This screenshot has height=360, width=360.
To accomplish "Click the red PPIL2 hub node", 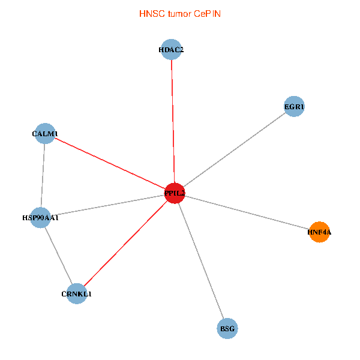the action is click(174, 193).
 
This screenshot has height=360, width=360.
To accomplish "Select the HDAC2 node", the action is click(171, 50).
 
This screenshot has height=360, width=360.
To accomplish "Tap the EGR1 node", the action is click(294, 107).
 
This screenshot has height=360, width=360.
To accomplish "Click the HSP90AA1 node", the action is click(40, 217).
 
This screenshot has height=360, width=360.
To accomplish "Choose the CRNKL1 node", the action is click(77, 294).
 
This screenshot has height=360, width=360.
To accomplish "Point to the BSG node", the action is click(227, 328).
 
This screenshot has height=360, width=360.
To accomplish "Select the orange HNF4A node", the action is click(319, 232).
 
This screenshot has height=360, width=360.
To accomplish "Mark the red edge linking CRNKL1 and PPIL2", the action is click(125, 244).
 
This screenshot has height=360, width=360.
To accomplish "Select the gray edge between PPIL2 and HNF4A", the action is click(247, 212).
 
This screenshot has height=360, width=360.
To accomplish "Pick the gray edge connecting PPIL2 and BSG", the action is click(200, 260).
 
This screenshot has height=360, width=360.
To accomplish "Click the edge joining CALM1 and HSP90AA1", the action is click(43, 175).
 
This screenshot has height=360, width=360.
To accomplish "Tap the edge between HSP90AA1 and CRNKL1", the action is click(58, 256).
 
